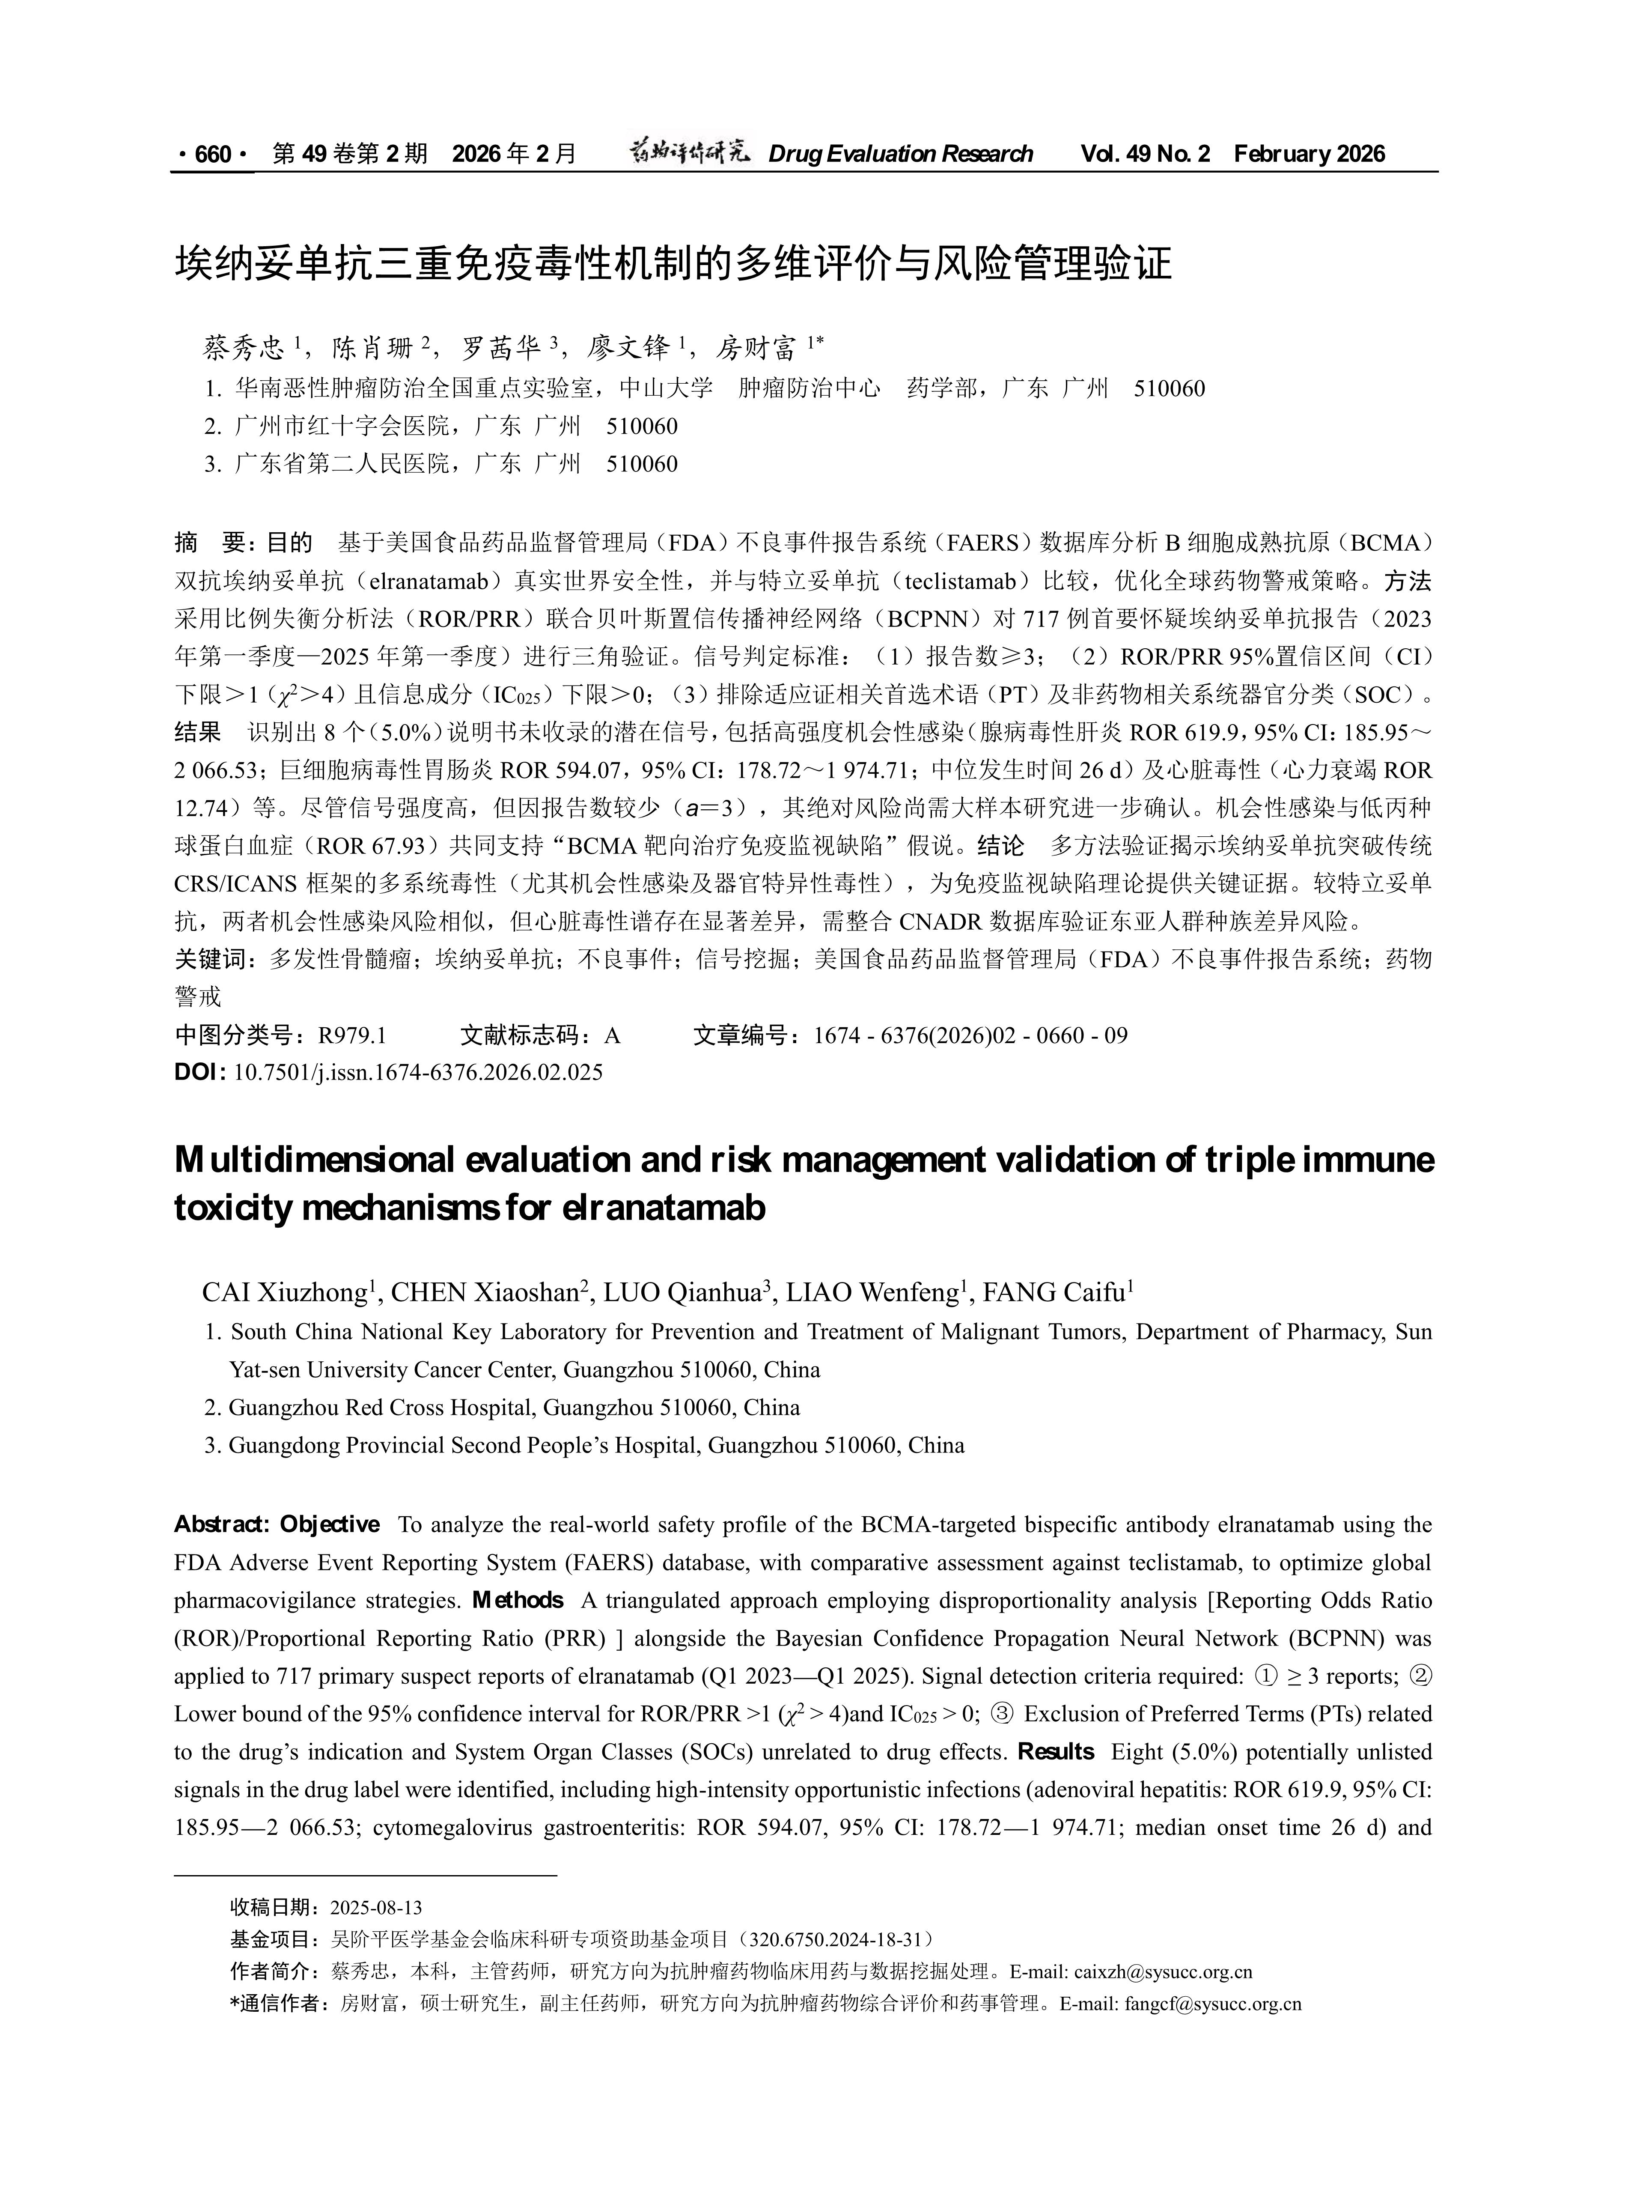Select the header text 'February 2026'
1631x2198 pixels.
1309,154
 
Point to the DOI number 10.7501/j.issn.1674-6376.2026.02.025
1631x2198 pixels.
418,1072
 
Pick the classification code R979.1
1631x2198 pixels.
351,1036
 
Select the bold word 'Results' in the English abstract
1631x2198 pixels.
1055,1752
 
